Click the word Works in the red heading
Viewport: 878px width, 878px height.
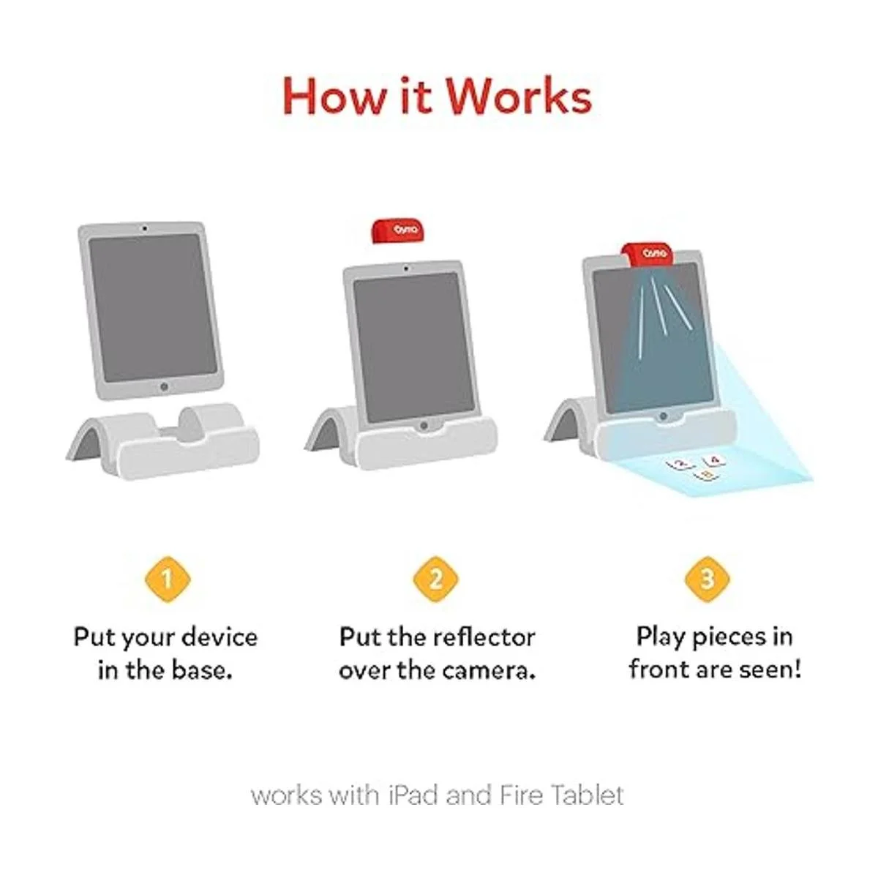coord(519,97)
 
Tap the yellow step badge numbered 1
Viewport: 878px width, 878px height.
coord(168,579)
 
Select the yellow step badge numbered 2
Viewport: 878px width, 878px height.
coord(436,579)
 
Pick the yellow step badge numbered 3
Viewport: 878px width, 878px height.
coord(707,579)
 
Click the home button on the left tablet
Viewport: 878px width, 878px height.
coord(164,387)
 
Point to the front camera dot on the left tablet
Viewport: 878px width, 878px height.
coord(145,228)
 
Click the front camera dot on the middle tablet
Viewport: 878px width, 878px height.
coord(405,269)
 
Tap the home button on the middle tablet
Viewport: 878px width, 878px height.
coord(424,426)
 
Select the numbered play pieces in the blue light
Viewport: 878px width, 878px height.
coord(697,468)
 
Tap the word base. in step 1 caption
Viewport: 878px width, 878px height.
coord(202,671)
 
